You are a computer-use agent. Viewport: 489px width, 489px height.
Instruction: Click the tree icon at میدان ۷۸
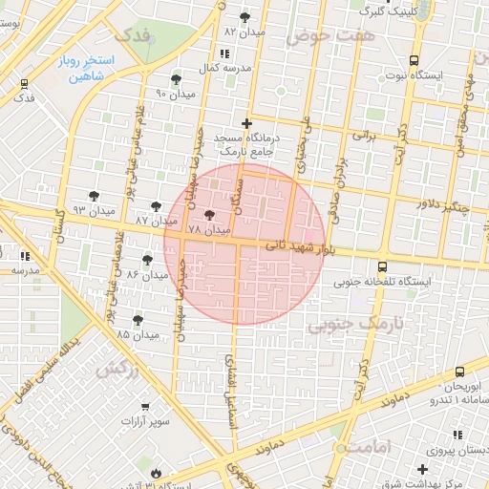(209, 217)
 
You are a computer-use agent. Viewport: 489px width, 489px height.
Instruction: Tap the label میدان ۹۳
(95, 209)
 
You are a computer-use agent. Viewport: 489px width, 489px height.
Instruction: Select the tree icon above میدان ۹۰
(175, 80)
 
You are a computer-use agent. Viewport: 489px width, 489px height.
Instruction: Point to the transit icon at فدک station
(23, 84)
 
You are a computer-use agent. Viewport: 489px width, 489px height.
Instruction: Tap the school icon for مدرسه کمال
(223, 53)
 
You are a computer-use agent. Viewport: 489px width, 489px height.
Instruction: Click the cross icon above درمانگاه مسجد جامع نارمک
(247, 123)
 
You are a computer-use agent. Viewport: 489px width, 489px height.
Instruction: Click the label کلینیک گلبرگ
(391, 11)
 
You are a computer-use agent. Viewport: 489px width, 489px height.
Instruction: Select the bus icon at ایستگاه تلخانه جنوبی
(383, 267)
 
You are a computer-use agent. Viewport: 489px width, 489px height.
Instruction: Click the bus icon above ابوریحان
(460, 372)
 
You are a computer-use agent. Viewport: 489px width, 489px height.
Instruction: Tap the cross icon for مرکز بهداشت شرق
(423, 469)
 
